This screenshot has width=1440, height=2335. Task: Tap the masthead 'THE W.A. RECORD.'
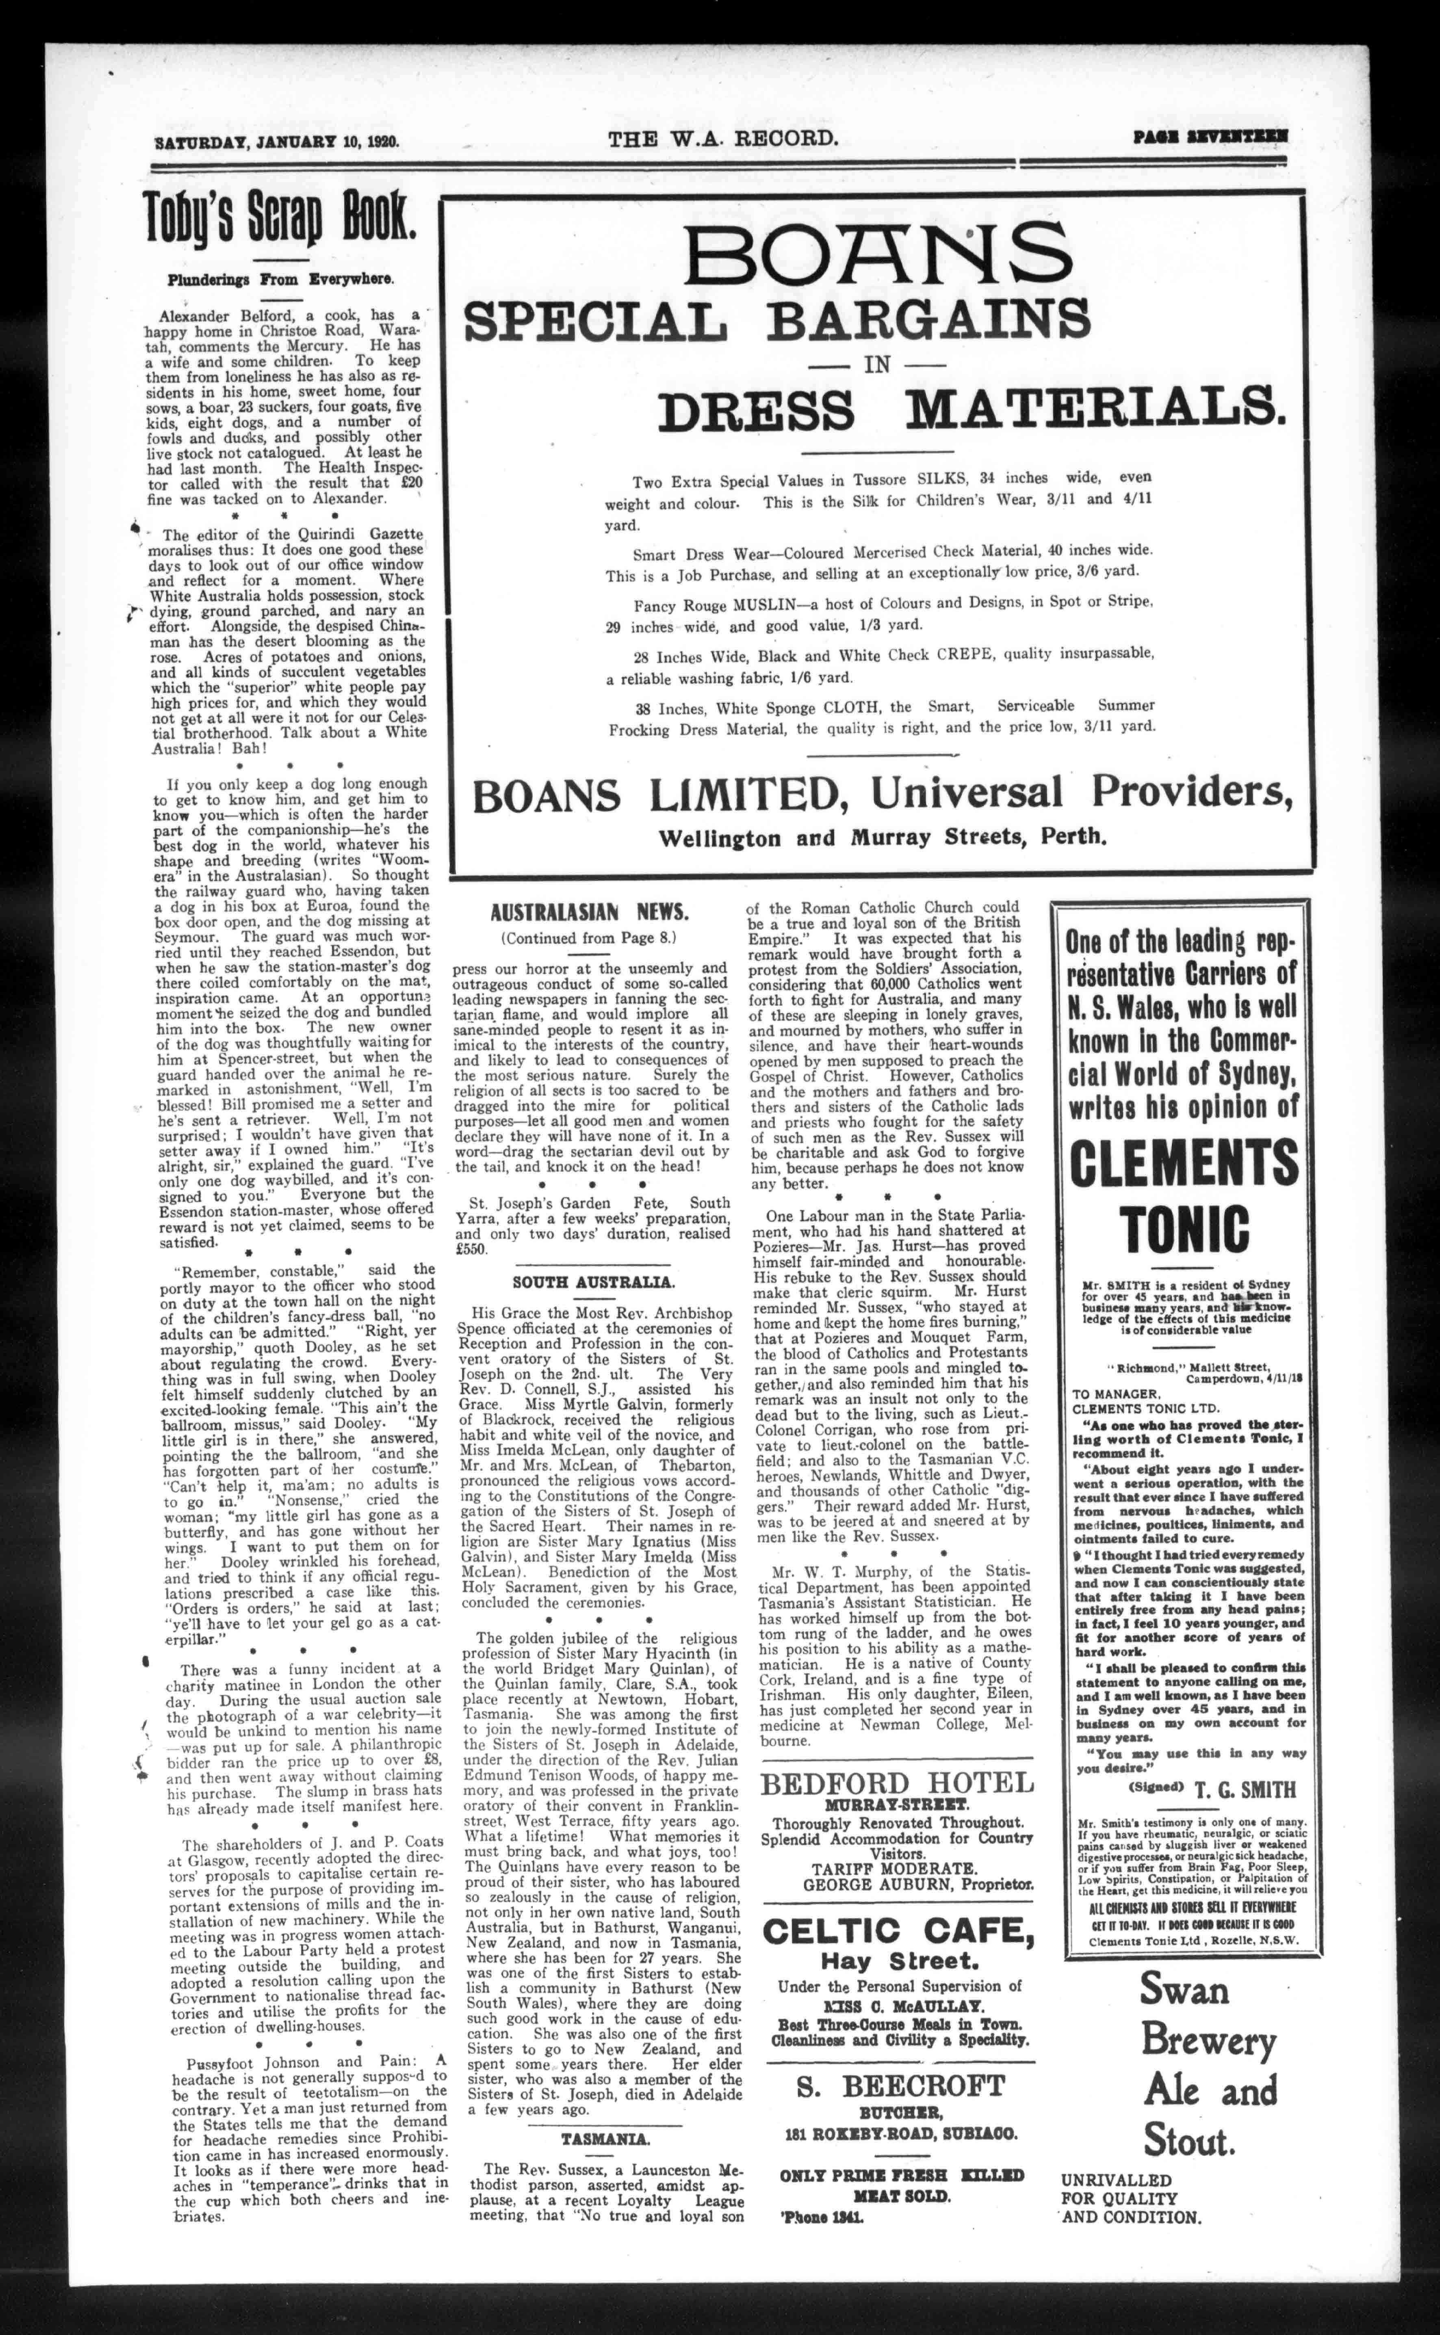(724, 139)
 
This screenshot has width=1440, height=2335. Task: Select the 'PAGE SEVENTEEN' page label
(1211, 137)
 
